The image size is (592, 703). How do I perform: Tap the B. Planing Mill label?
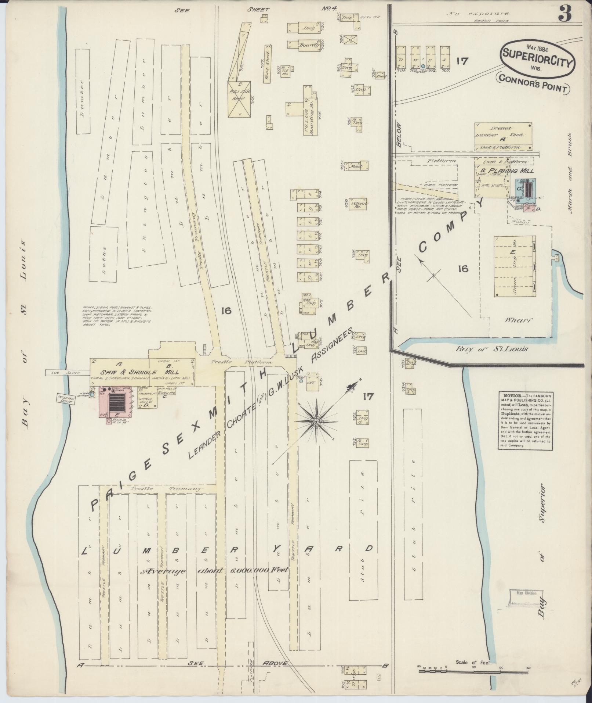(505, 171)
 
